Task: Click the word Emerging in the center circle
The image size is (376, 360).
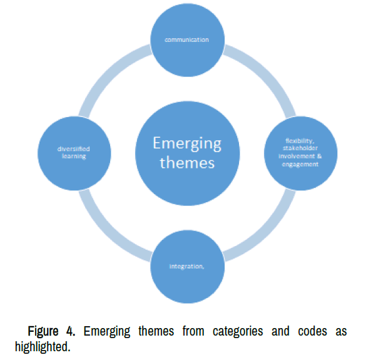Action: tap(186, 143)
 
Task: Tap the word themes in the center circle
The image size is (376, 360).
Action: tap(187, 163)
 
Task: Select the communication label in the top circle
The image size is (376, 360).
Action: tap(186, 39)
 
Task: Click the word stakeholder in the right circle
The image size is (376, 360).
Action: tap(300, 149)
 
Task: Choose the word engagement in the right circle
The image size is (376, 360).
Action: tap(300, 163)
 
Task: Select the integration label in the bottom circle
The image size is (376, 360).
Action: tap(186, 266)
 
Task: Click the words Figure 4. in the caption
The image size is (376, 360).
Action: tap(52, 331)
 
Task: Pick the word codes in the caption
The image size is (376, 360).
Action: tap(309, 331)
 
